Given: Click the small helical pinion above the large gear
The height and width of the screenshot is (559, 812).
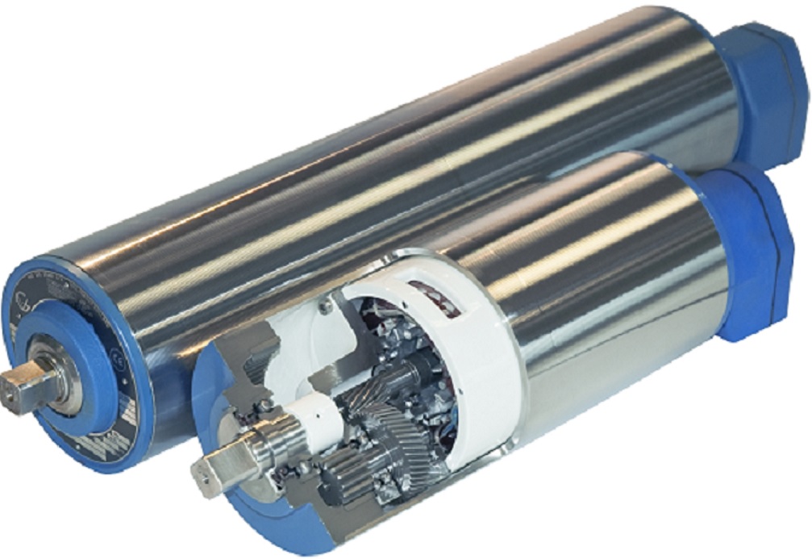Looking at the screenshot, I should (411, 371).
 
